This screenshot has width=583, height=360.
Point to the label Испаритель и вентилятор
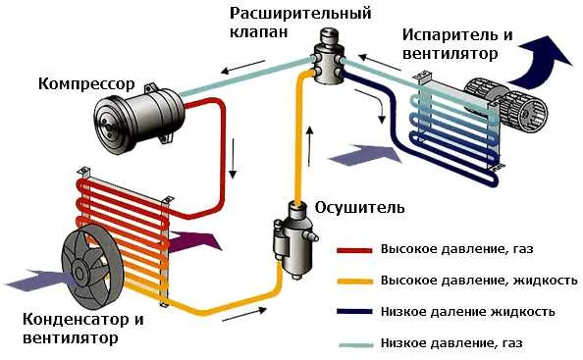coord(456,42)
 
